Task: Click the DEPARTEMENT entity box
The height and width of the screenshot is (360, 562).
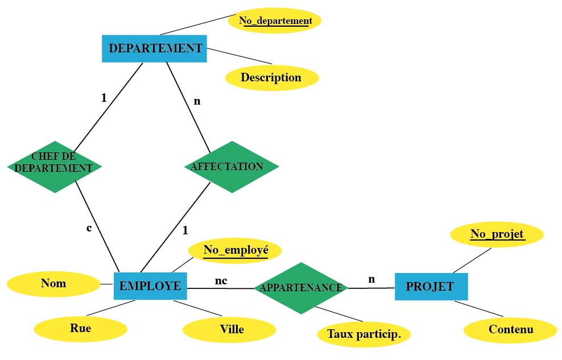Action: (154, 48)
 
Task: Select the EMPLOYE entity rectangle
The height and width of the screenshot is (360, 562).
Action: (150, 285)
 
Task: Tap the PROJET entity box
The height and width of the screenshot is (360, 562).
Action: (431, 286)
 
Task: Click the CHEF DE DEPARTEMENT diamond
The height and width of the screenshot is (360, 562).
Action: (54, 167)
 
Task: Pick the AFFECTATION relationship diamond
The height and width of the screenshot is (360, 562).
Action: (232, 167)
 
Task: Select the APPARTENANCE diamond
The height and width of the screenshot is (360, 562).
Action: (301, 288)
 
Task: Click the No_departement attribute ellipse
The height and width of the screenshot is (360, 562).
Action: (275, 21)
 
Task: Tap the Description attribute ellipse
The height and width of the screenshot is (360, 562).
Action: (271, 77)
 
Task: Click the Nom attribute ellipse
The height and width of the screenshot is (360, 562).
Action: (53, 283)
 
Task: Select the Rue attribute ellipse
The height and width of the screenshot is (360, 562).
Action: (80, 328)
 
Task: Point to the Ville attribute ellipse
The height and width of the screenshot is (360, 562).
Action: (229, 330)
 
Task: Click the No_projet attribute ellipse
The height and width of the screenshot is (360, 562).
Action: (497, 234)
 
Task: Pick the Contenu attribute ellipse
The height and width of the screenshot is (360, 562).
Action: (510, 330)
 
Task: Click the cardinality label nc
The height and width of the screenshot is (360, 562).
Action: (221, 280)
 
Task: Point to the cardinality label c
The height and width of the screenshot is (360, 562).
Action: (89, 228)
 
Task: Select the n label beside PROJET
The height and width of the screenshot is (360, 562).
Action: (371, 279)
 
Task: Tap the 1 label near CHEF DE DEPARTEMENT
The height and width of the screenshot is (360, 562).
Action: (104, 98)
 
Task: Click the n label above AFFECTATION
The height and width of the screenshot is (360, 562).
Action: (197, 101)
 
